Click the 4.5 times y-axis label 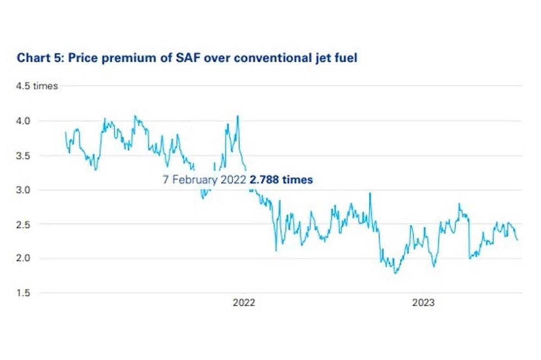[37, 86]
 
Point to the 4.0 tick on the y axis [23, 121]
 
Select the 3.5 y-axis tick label [23, 156]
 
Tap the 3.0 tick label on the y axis [23, 190]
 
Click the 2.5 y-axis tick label [23, 225]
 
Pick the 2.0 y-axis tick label [23, 258]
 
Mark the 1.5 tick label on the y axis [23, 293]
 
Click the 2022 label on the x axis [244, 303]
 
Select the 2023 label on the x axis [423, 303]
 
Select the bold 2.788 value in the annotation [264, 180]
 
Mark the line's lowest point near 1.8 [395, 273]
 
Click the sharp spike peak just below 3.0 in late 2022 [370, 193]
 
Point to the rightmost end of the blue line [518, 240]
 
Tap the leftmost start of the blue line [65, 132]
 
